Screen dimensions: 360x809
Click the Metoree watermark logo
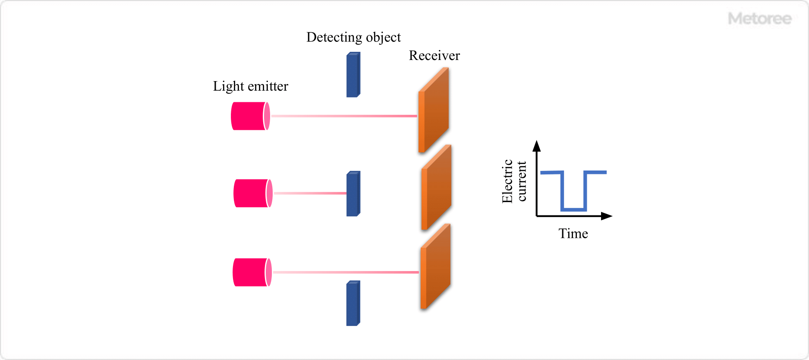point(760,19)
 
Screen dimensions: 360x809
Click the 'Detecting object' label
point(353,38)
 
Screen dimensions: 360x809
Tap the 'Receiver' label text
point(434,56)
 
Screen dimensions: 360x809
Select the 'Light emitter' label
point(250,86)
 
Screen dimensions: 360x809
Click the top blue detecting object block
point(353,75)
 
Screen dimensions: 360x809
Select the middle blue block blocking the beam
point(353,193)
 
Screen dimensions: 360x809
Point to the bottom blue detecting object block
point(353,303)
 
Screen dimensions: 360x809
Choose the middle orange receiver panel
point(436,187)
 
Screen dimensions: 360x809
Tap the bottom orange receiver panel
point(435,266)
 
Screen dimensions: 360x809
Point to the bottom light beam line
point(346,272)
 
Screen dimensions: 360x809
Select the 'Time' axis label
point(573,234)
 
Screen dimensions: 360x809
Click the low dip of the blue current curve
point(573,210)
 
